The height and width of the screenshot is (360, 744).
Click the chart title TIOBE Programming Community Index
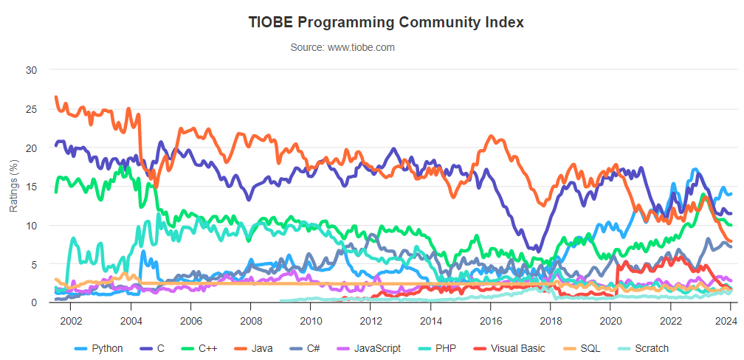(387, 22)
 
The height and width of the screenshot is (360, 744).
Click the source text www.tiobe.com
(342, 47)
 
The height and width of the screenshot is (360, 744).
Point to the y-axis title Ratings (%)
(13, 186)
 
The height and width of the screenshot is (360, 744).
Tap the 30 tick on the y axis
(30, 70)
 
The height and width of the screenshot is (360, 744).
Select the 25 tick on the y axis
(30, 109)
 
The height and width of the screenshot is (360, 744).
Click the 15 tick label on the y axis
(30, 187)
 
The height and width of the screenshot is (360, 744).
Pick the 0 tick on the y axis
(33, 302)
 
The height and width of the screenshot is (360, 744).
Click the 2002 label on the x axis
(71, 321)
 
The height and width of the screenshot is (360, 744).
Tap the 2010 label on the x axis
(311, 321)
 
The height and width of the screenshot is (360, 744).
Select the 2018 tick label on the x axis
(551, 321)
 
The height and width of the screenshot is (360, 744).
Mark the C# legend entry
(309, 348)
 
